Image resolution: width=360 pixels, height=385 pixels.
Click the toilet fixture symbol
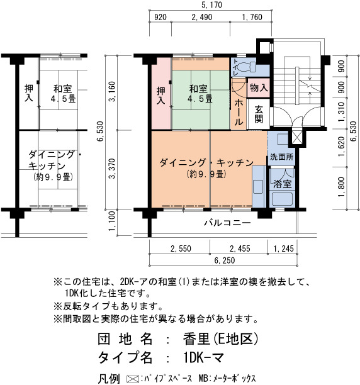[x=247, y=66]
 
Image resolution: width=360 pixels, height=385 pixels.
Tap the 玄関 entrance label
[x=259, y=114]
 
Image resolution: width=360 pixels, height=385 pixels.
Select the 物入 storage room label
[x=259, y=87]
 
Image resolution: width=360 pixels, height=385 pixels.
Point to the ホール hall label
[x=239, y=112]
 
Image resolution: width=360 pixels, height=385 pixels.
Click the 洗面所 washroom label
[x=281, y=157]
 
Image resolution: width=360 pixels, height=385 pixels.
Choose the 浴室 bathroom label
[x=283, y=184]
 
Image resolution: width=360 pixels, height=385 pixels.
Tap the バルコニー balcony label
[x=228, y=223]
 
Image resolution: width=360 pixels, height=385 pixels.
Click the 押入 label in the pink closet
[x=161, y=96]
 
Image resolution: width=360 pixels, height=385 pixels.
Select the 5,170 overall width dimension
[x=211, y=5]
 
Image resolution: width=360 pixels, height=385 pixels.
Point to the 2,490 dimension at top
[x=202, y=17]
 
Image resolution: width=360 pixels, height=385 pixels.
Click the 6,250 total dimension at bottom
[x=225, y=260]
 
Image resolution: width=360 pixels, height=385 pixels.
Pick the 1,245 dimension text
[x=284, y=248]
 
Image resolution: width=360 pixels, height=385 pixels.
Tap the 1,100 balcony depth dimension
[x=112, y=221]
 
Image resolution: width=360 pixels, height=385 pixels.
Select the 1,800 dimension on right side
[x=341, y=187]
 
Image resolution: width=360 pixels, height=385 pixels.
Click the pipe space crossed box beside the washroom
[x=296, y=139]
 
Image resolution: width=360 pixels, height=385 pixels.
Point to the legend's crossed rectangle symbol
[x=132, y=379]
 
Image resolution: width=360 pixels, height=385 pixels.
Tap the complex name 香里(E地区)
[x=220, y=339]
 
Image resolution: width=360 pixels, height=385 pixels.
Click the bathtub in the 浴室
[x=283, y=199]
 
